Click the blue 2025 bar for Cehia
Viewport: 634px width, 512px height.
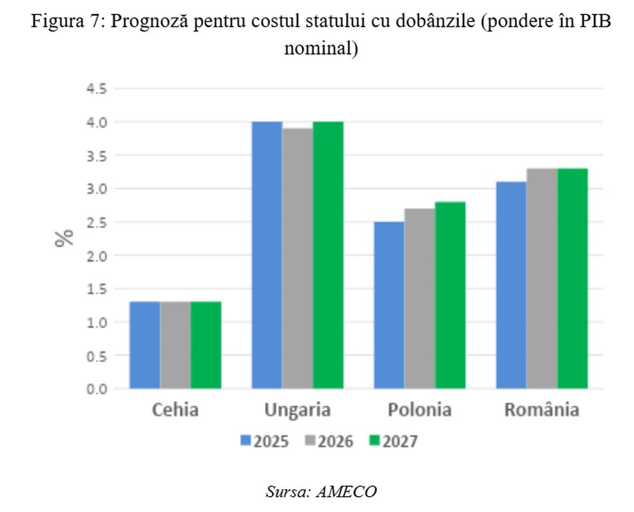pos(145,345)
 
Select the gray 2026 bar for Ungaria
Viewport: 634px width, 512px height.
pos(297,258)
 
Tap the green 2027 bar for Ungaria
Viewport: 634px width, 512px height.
pos(328,255)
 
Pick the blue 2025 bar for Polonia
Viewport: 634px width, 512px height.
pos(389,305)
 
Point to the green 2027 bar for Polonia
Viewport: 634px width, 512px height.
pos(450,295)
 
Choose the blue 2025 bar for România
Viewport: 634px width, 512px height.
pos(511,285)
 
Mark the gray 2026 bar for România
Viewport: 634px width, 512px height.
pos(542,278)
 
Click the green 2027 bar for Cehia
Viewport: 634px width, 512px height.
pos(205,345)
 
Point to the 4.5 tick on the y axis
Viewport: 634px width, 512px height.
pos(96,89)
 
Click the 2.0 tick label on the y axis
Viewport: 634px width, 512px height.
pos(96,255)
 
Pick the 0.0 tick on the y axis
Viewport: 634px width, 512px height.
pos(96,389)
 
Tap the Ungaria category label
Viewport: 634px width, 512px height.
pos(297,410)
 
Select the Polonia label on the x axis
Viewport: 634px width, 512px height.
pos(419,410)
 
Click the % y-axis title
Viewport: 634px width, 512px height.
pos(64,238)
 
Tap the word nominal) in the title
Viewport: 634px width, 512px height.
pos(320,48)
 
